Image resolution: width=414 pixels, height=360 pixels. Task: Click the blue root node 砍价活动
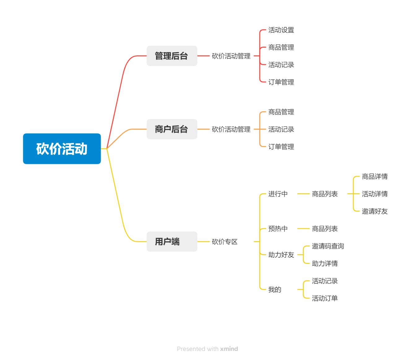pyautogui.click(x=62, y=149)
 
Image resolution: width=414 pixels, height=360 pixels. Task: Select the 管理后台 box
pyautogui.click(x=172, y=56)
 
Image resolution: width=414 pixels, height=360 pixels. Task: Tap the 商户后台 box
pyautogui.click(x=172, y=129)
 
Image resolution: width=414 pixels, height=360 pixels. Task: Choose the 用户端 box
pyautogui.click(x=172, y=242)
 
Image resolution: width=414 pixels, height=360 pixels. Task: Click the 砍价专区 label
pyautogui.click(x=225, y=242)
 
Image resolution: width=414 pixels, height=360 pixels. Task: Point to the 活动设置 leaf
pyautogui.click(x=281, y=30)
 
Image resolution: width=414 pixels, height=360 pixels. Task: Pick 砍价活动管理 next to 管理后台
pyautogui.click(x=231, y=56)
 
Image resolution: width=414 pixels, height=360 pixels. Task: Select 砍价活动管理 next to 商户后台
pyautogui.click(x=231, y=129)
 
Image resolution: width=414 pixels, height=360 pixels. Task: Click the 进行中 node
pyautogui.click(x=278, y=194)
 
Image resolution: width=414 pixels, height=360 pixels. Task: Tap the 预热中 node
pyautogui.click(x=278, y=229)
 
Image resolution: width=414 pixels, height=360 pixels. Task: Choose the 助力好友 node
pyautogui.click(x=281, y=255)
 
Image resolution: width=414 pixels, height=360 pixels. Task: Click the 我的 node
pyautogui.click(x=275, y=290)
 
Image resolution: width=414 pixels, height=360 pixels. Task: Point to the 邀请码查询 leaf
pyautogui.click(x=328, y=246)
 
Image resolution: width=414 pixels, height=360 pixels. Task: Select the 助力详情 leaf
pyautogui.click(x=325, y=264)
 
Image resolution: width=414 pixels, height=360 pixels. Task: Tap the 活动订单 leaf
pyautogui.click(x=325, y=298)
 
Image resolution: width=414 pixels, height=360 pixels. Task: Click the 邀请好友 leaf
pyautogui.click(x=375, y=211)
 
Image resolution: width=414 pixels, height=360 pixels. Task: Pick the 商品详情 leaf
pyautogui.click(x=375, y=177)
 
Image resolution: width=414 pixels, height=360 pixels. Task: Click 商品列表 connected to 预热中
pyautogui.click(x=325, y=229)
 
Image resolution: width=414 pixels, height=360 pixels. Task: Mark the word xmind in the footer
pyautogui.click(x=229, y=349)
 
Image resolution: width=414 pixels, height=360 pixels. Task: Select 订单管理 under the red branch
pyautogui.click(x=281, y=82)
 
